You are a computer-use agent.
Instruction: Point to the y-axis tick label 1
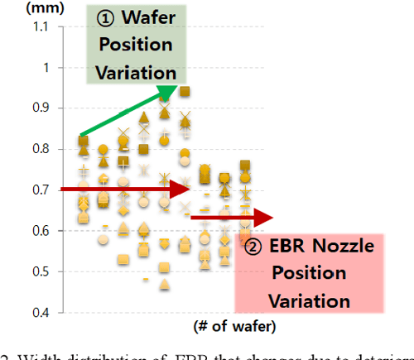43,67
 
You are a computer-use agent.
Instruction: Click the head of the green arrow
169,89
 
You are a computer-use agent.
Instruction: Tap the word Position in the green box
135,46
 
